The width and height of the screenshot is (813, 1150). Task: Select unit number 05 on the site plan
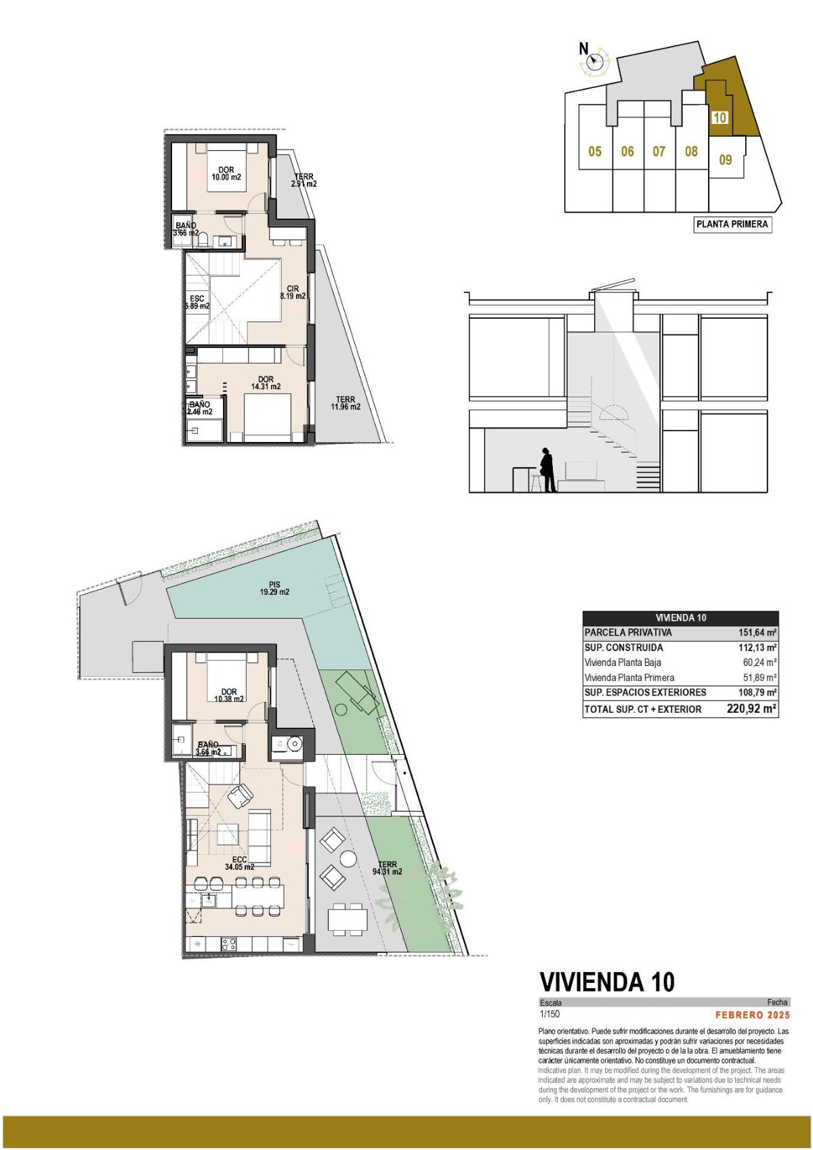click(x=595, y=152)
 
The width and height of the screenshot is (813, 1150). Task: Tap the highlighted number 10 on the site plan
click(x=720, y=118)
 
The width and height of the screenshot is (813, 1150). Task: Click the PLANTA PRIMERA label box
click(x=732, y=225)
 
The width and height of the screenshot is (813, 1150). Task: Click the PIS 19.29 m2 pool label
click(x=274, y=588)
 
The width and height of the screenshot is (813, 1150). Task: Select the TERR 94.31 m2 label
click(x=387, y=868)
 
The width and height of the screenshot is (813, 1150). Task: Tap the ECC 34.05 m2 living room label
click(x=239, y=862)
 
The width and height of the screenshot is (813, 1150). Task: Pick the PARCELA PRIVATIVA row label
click(x=628, y=633)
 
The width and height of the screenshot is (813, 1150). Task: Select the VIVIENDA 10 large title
click(x=606, y=981)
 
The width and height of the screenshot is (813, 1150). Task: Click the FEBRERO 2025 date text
click(x=753, y=1015)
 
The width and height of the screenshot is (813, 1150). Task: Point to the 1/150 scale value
click(x=549, y=1015)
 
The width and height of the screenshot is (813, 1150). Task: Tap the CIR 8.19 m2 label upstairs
click(x=293, y=292)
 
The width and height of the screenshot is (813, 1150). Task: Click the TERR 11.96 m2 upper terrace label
click(x=345, y=403)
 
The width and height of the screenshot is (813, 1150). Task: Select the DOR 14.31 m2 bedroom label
click(x=266, y=383)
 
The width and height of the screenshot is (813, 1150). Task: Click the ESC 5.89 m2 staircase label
click(x=197, y=302)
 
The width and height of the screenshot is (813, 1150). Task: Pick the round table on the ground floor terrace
click(x=348, y=858)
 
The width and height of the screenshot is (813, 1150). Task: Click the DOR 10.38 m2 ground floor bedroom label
click(x=229, y=695)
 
